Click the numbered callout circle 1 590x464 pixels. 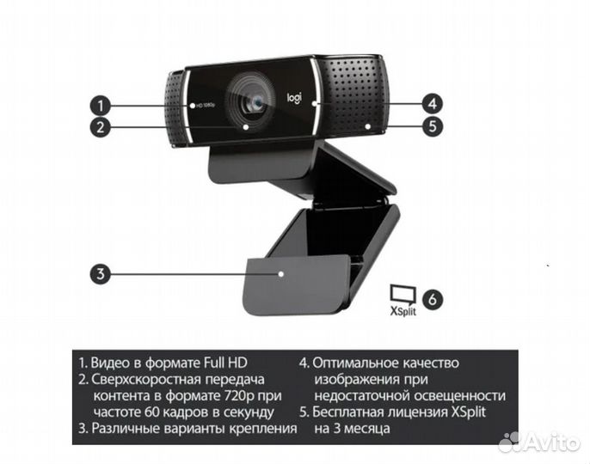[x=101, y=107]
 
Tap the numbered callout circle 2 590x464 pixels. [x=101, y=129]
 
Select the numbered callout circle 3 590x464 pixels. [x=101, y=275]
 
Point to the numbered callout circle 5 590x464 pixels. [x=433, y=127]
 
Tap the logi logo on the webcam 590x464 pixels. [x=294, y=98]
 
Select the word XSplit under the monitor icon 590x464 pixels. [x=403, y=313]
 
